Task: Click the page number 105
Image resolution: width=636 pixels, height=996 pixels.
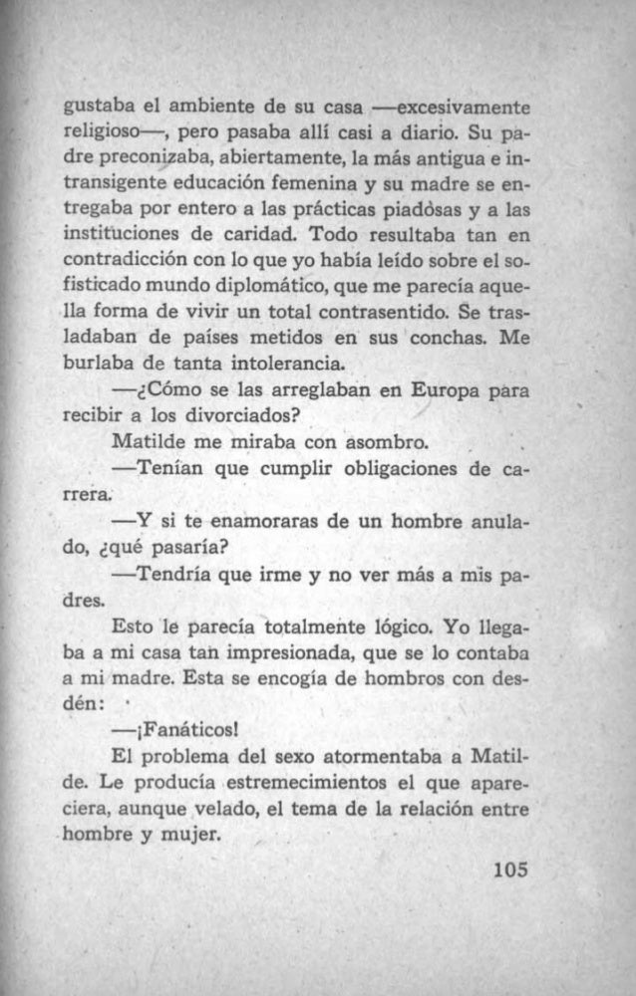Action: point(509,869)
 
